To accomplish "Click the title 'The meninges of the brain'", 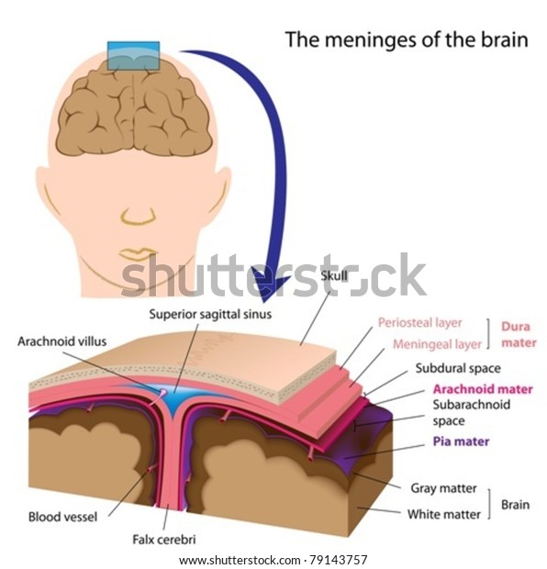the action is click(407, 39).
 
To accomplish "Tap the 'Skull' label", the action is click(334, 276).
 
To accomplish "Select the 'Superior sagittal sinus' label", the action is click(210, 314).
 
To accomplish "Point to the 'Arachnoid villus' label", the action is click(62, 341).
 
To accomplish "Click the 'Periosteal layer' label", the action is click(420, 323).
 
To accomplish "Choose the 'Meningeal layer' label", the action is click(437, 344).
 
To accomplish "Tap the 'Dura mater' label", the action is click(519, 335).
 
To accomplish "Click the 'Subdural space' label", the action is click(458, 368).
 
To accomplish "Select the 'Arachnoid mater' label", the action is click(483, 389).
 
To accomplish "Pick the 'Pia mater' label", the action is click(461, 441).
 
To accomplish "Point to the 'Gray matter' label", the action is click(443, 488).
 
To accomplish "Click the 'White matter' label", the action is click(443, 514).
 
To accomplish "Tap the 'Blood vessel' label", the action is click(62, 517).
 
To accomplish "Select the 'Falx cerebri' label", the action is click(164, 540).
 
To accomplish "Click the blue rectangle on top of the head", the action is click(133, 55).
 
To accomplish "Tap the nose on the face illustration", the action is click(139, 215).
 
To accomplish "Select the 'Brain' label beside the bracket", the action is click(515, 505).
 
